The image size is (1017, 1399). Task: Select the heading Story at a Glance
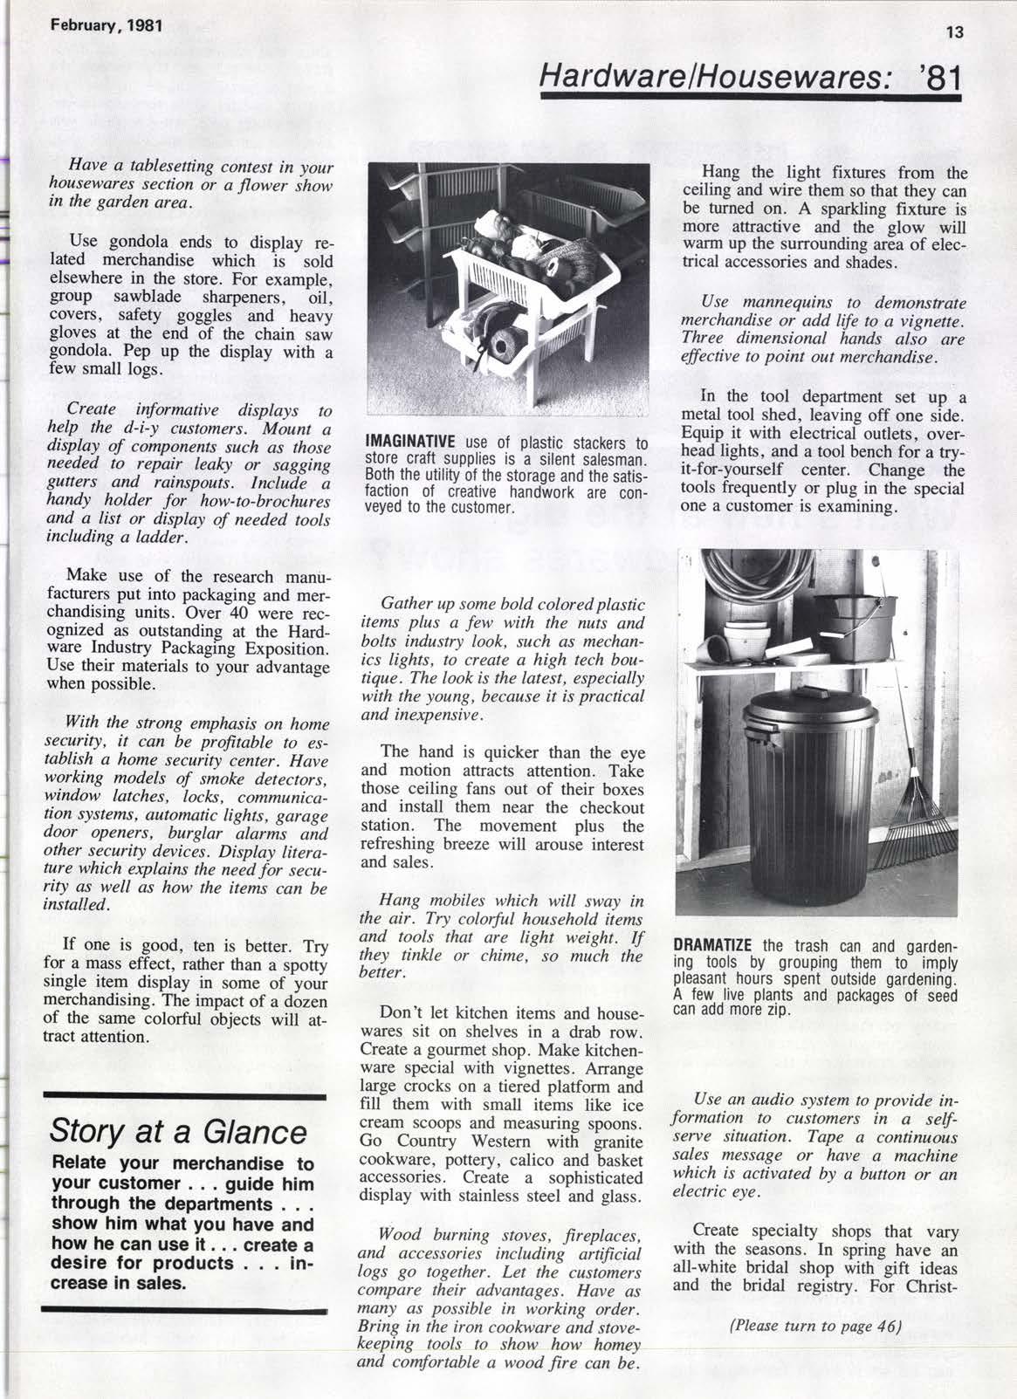tap(179, 1132)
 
